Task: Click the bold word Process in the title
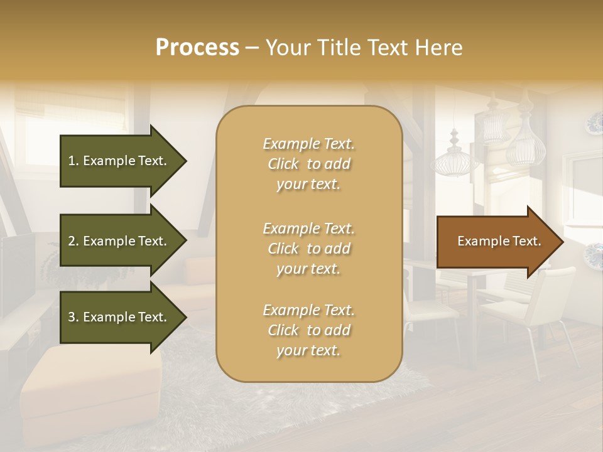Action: coord(197,48)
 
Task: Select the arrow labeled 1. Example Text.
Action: coord(119,161)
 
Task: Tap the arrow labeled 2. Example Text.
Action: coord(119,241)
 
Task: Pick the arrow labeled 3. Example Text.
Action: coord(119,317)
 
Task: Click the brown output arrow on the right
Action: coord(496,241)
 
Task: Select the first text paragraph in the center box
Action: coord(308,164)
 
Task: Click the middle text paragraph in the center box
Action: coord(308,248)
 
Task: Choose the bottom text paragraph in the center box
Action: coord(308,330)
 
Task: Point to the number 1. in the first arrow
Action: coord(73,161)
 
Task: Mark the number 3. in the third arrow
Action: coord(73,317)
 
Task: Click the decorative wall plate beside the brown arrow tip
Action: coord(593,254)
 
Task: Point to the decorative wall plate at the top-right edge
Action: coord(594,122)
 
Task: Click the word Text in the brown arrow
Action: coord(527,241)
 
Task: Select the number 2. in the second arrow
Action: coord(73,241)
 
